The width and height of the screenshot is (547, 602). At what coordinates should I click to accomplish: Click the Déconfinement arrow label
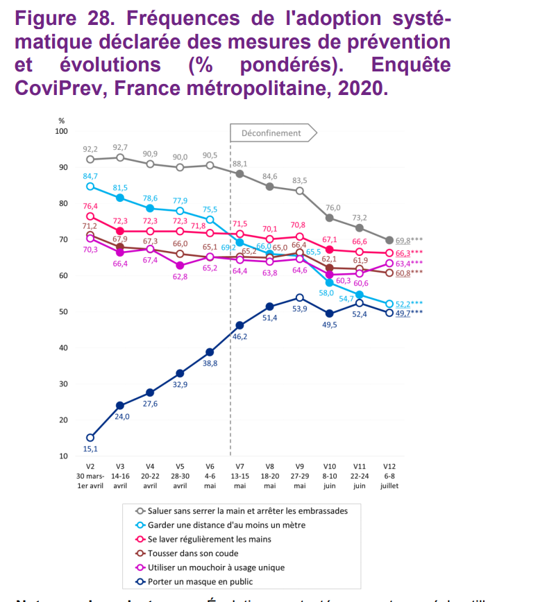click(271, 132)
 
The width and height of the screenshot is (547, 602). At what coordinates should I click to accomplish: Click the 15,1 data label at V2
click(90, 450)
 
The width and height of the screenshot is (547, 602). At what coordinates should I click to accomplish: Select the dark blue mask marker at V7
click(239, 325)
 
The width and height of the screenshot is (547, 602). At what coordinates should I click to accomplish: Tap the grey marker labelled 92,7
click(120, 157)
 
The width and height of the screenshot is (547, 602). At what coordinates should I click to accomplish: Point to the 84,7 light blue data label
click(90, 176)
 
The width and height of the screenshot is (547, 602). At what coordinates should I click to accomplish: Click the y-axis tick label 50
click(62, 312)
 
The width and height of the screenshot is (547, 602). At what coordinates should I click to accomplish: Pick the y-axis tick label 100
click(61, 131)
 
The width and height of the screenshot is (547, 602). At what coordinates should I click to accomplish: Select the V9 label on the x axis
click(299, 467)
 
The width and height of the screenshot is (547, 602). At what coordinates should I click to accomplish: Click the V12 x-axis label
click(389, 467)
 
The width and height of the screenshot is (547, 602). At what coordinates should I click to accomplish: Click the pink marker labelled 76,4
click(90, 217)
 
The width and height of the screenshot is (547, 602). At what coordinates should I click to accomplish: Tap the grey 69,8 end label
click(404, 240)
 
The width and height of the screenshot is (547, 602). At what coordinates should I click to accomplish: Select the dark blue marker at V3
click(120, 406)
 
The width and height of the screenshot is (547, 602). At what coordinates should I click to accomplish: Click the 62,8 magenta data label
click(180, 277)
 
